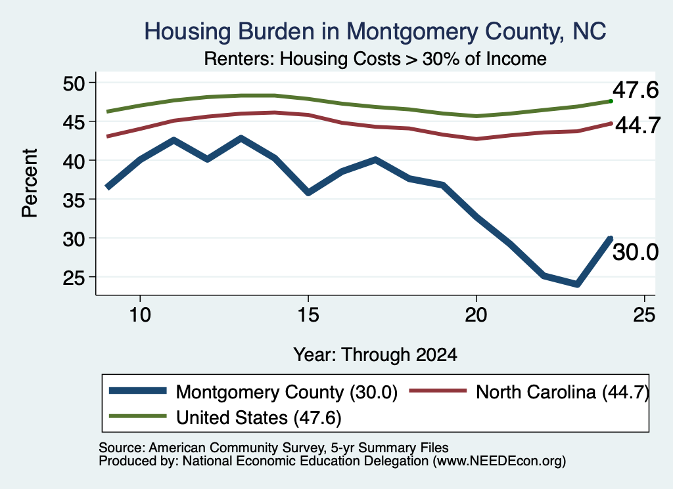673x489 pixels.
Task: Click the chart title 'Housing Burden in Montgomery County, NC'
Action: coord(375,32)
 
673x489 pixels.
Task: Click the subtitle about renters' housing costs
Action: coord(375,58)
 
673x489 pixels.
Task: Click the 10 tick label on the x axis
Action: coord(140,315)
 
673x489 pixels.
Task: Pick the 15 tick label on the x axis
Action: coord(308,315)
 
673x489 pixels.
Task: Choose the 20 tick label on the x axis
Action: coord(476,315)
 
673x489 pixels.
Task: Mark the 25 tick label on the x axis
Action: coord(644,315)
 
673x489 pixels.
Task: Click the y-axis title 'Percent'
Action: coord(30,183)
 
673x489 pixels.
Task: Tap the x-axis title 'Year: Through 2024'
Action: coord(375,355)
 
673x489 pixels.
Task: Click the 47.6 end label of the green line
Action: coord(636,91)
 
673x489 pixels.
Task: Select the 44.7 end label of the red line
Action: coord(638,125)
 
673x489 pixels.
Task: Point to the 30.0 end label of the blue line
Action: coord(636,252)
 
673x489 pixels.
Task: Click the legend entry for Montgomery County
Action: coord(253,392)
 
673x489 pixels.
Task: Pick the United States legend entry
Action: coord(225,417)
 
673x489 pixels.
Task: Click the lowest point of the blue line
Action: coord(577,284)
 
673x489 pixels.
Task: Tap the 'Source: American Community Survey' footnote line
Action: coord(273,448)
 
